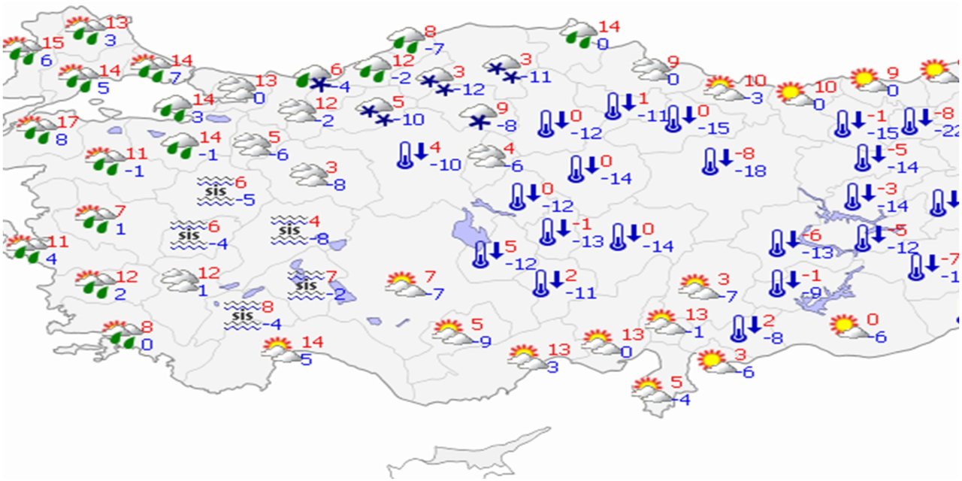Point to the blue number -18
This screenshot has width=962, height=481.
(750, 171)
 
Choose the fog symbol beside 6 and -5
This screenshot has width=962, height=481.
(214, 191)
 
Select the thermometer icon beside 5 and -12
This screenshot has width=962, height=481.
(479, 254)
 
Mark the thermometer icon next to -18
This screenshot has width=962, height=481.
(709, 160)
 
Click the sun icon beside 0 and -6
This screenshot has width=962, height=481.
(845, 325)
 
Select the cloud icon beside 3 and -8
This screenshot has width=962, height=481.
(307, 174)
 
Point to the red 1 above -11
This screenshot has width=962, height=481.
(643, 98)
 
